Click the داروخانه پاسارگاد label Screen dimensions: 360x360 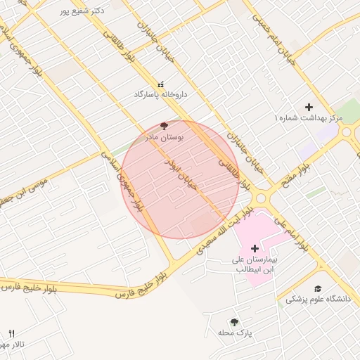(162, 94)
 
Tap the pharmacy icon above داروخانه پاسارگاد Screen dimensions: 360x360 (161, 84)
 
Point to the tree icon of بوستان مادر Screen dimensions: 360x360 (165, 127)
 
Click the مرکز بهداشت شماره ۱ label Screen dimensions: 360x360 (308, 118)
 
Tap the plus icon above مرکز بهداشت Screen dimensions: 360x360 (309, 107)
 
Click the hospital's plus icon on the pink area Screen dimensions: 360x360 (255, 248)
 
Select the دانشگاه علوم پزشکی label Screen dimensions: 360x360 (318, 299)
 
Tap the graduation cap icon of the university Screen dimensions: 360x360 (318, 288)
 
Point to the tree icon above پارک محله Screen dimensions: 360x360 (234, 322)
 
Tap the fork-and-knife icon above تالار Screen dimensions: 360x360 (11, 333)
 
